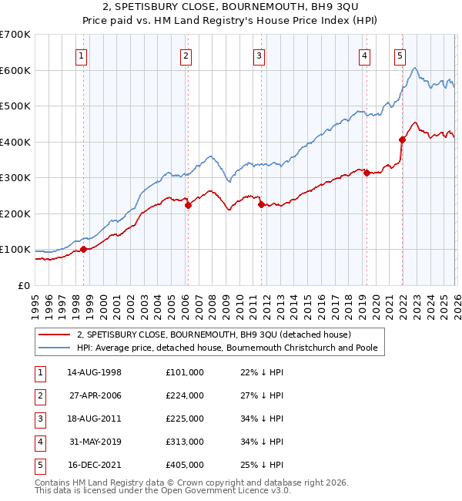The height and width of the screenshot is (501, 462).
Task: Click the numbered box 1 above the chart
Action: click(x=82, y=55)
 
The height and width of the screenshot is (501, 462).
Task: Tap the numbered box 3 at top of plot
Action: click(x=259, y=55)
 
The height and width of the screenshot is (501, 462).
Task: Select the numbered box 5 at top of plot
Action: click(x=400, y=55)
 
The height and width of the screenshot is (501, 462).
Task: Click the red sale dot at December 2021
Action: click(x=402, y=140)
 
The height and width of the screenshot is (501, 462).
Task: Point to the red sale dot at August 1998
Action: click(x=84, y=249)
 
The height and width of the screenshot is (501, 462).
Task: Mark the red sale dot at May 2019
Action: click(x=367, y=173)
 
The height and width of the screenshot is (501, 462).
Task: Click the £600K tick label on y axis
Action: click(x=15, y=70)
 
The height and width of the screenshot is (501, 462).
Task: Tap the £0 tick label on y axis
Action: click(x=23, y=285)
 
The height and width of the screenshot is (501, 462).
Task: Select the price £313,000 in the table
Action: click(x=185, y=442)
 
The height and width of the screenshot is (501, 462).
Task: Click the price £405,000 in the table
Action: click(x=185, y=465)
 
